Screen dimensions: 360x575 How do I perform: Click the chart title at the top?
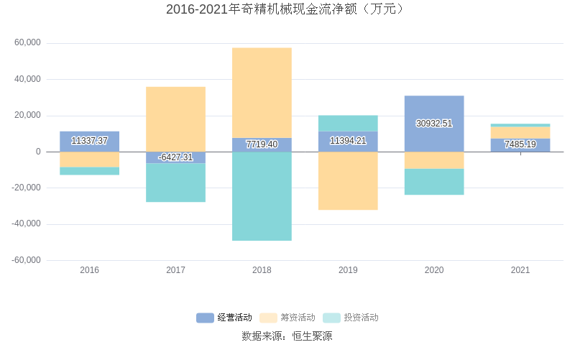pyautogui.click(x=287, y=9)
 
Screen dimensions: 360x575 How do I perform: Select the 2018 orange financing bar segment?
pyautogui.click(x=262, y=93)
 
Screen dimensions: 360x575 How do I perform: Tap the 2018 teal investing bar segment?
pyautogui.click(x=262, y=196)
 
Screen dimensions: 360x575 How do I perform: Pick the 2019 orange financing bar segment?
pyautogui.click(x=348, y=181)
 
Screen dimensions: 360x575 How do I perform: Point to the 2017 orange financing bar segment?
pyautogui.click(x=175, y=119)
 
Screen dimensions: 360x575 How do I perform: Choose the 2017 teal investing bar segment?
pyautogui.click(x=175, y=183)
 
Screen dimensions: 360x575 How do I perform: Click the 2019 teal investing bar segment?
pyautogui.click(x=348, y=123)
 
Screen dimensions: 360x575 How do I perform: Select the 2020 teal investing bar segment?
pyautogui.click(x=434, y=182)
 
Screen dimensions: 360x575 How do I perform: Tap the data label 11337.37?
pyautogui.click(x=90, y=141)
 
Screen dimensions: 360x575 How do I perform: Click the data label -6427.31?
pyautogui.click(x=175, y=157)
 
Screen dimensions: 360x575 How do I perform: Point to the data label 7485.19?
pyautogui.click(x=520, y=144)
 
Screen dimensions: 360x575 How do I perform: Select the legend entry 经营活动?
pyautogui.click(x=224, y=318)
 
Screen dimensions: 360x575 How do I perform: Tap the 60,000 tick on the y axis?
pyautogui.click(x=28, y=43)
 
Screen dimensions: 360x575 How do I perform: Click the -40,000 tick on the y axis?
pyautogui.click(x=27, y=224)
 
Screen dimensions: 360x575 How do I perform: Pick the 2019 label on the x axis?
pyautogui.click(x=348, y=270)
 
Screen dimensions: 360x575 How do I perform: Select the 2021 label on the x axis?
pyautogui.click(x=520, y=270)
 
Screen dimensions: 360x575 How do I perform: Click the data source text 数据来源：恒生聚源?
pyautogui.click(x=287, y=336)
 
